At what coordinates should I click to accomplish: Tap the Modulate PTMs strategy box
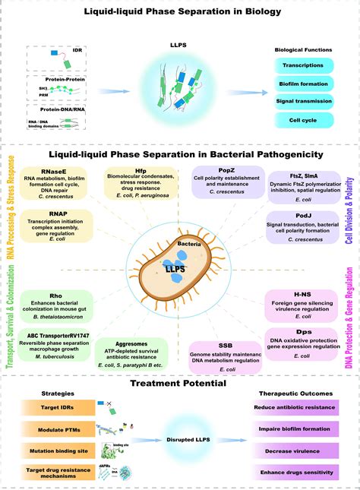click(x=50, y=429)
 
